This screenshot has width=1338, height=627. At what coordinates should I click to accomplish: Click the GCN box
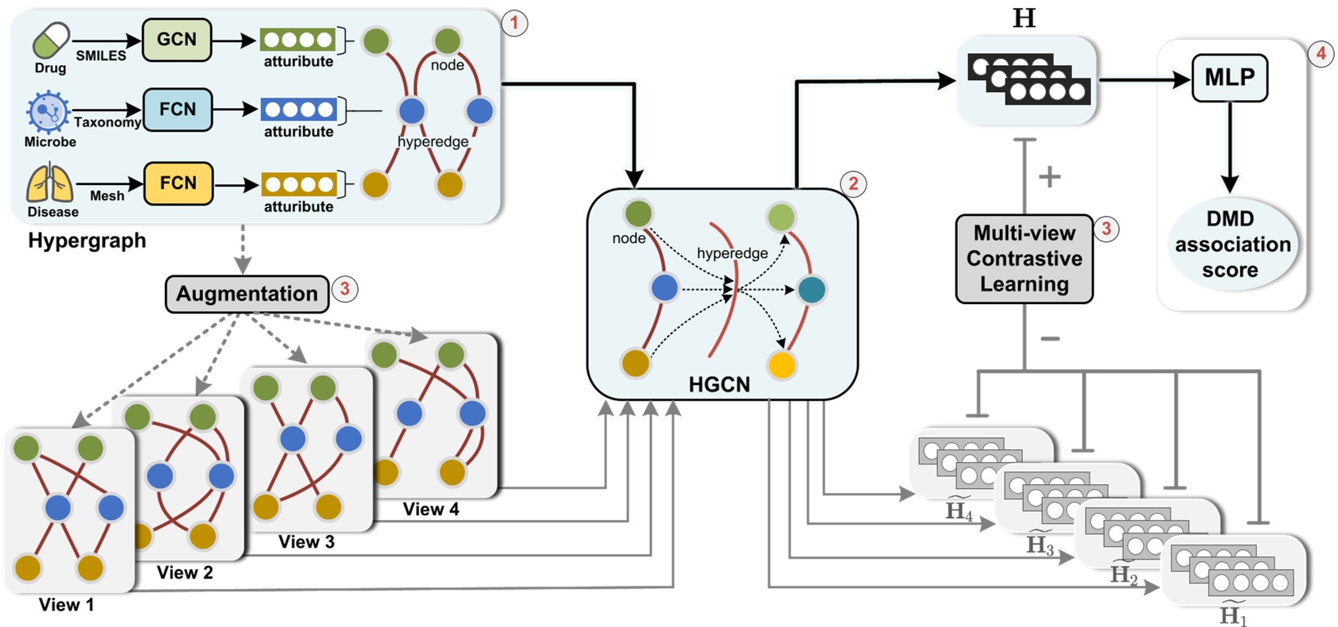(x=176, y=40)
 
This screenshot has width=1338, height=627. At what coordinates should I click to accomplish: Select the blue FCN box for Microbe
(x=177, y=110)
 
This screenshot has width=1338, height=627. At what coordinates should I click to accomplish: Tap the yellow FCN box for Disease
(x=178, y=183)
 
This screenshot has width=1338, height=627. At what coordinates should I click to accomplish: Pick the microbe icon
(x=48, y=112)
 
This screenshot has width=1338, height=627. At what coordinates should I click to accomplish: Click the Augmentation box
(x=247, y=294)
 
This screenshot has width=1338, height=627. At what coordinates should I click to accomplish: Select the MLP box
(x=1229, y=78)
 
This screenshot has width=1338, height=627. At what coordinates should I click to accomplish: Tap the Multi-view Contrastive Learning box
(x=1024, y=259)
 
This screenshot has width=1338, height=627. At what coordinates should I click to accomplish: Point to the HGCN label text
(x=719, y=384)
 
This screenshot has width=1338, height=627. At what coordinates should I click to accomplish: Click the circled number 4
(x=1321, y=54)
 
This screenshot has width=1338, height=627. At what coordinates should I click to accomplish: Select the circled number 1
(x=514, y=23)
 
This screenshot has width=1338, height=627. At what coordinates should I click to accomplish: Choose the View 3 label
(x=306, y=542)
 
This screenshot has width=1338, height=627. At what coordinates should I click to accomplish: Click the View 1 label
(x=67, y=605)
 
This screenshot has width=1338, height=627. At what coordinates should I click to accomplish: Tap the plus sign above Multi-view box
(x=1049, y=176)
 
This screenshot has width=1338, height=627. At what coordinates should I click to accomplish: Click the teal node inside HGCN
(x=811, y=290)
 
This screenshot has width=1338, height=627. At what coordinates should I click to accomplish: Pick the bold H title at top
(x=1025, y=17)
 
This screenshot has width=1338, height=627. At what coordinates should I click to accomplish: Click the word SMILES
(x=101, y=56)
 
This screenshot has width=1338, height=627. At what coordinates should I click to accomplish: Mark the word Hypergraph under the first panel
(x=87, y=240)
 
